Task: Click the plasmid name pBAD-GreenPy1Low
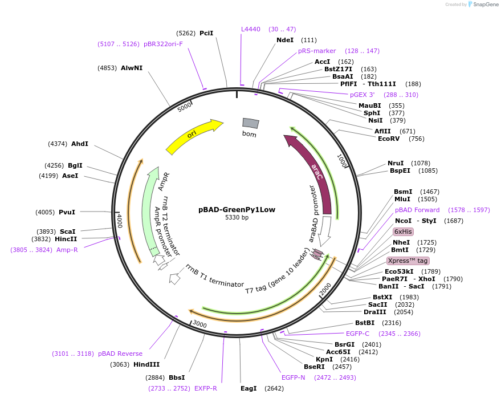coord(237,209)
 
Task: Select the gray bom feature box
coord(250,123)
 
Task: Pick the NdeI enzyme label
coord(285,40)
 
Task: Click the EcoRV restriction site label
coord(389,139)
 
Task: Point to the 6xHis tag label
coord(403,232)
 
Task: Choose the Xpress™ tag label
coord(408,261)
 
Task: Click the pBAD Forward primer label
coord(417,210)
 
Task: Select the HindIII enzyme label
coord(147,364)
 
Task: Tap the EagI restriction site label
coord(249,388)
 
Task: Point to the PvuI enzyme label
coord(67,212)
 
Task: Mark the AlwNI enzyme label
coord(132,67)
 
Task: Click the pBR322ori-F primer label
coord(163,44)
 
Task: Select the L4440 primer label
coord(251,29)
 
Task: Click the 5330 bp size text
coord(237,218)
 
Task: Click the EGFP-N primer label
coord(294,377)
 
